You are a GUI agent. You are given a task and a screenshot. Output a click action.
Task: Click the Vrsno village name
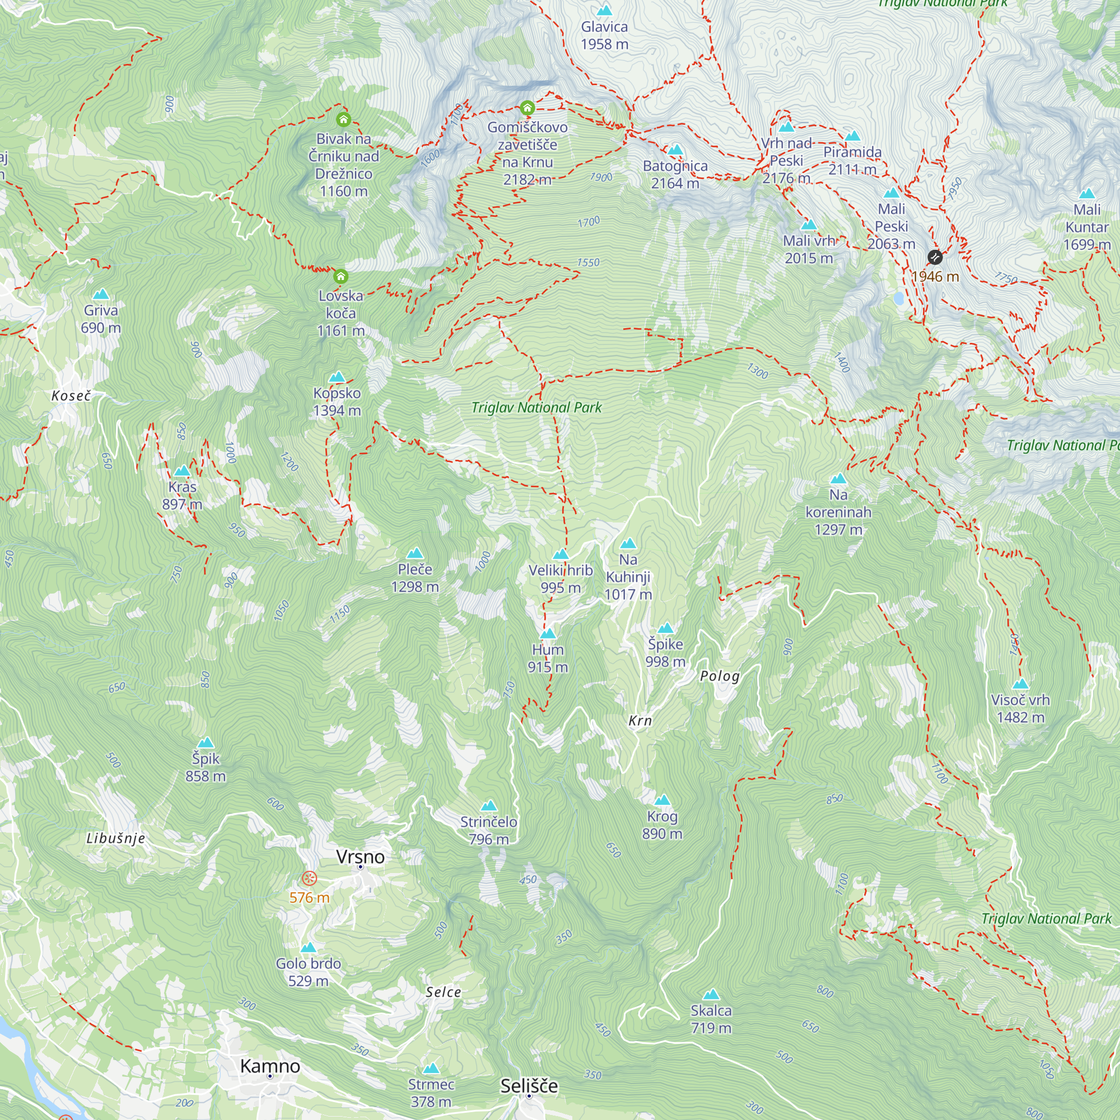coord(360,857)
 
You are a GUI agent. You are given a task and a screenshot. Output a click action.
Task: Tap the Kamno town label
coord(270,1066)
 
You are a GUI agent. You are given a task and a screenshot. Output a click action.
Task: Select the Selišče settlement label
coord(529,1086)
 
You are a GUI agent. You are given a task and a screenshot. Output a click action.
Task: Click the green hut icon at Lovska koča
coord(341,276)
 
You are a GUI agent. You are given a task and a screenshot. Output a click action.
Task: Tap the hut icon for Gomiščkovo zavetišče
coord(527,108)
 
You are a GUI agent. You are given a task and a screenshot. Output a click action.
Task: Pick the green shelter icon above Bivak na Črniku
coord(343,120)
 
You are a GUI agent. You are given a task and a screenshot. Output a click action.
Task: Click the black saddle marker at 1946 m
coord(935,257)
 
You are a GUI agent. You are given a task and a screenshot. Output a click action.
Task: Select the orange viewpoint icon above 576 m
coord(310,878)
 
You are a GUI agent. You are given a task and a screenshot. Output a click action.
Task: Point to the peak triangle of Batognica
coord(675,150)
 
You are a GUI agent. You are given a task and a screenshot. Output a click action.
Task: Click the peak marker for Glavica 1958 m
coord(605,11)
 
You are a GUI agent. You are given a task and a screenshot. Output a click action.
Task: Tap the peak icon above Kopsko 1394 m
coord(337,377)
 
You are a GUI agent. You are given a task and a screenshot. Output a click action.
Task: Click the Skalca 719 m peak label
coord(711,1019)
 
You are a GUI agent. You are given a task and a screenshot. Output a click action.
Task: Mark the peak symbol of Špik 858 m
coord(205,743)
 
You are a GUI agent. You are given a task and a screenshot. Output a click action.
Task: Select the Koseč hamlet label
coord(71,396)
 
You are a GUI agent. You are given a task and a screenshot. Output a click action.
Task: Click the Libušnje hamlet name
coord(116,838)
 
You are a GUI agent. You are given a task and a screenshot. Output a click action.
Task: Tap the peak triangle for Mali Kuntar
coord(1087,194)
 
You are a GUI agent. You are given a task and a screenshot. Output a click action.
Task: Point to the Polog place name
coord(720,676)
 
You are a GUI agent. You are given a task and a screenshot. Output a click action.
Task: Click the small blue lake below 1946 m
coord(899,298)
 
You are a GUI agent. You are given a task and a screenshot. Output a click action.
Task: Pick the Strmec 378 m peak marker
coord(431,1068)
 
